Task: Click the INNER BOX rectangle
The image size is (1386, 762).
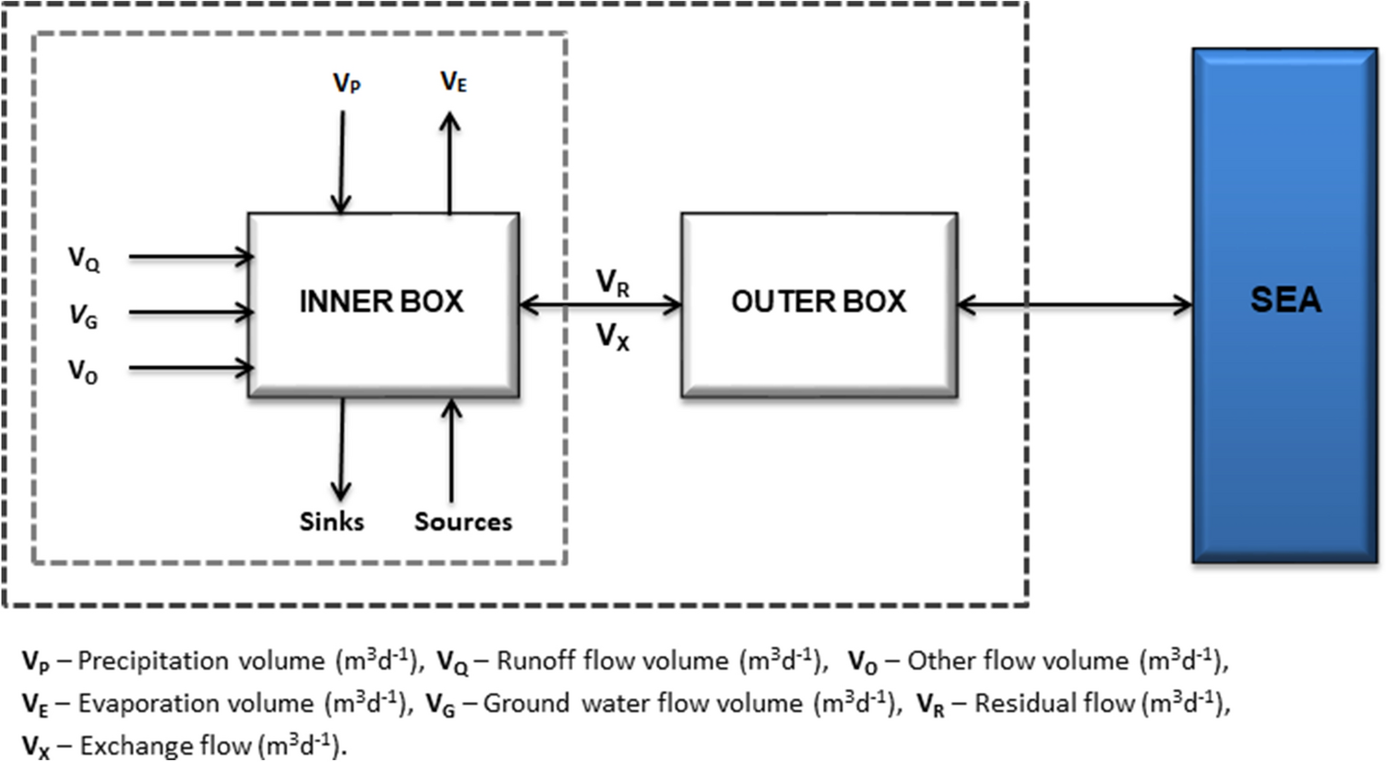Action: tap(382, 304)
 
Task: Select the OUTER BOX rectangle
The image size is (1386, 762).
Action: tap(818, 304)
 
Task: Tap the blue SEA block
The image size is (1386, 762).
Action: tap(1284, 304)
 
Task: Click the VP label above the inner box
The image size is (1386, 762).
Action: tap(347, 84)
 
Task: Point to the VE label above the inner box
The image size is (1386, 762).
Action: tap(453, 82)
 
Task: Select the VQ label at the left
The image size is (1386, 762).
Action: tap(84, 258)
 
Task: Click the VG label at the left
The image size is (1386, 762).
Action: tap(83, 316)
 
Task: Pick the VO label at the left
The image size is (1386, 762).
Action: tap(83, 371)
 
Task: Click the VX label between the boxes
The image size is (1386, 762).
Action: tap(613, 336)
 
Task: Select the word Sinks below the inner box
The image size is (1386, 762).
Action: tap(331, 521)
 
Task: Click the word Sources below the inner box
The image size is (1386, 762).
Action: tap(462, 521)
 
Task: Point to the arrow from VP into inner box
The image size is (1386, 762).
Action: tap(342, 161)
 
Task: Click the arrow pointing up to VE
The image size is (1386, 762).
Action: tap(450, 161)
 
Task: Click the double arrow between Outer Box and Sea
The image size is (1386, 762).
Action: tap(1074, 304)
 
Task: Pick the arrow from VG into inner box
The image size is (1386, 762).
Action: tap(190, 313)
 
